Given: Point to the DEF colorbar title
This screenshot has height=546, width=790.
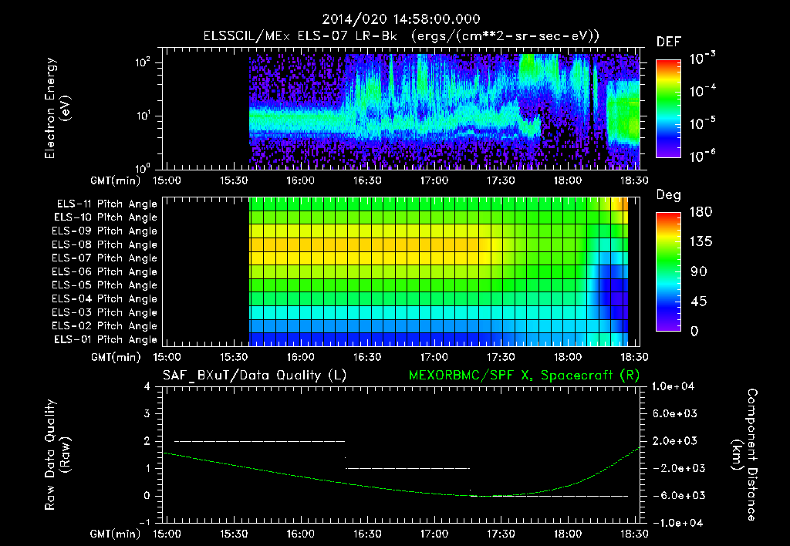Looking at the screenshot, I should [x=668, y=42].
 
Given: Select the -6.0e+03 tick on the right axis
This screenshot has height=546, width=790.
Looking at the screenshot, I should [x=676, y=495].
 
